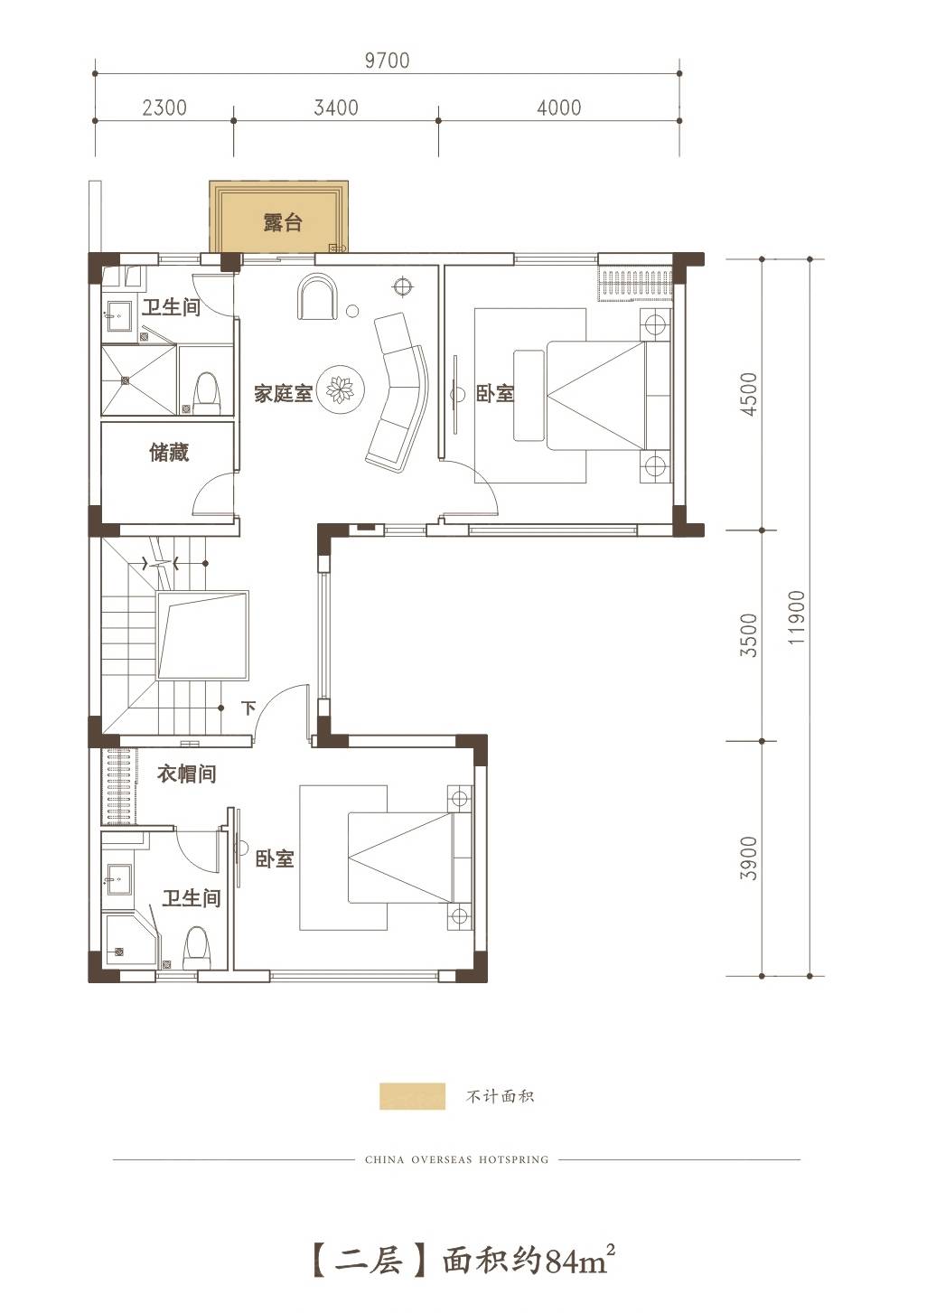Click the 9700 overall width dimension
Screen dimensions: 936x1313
coord(387,61)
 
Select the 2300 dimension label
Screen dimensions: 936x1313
coord(164,108)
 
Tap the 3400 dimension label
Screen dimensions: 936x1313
coord(336,108)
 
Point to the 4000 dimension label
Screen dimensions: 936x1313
coord(559,108)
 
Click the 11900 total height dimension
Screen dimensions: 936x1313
coord(797,618)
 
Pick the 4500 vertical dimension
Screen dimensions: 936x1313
coord(749,395)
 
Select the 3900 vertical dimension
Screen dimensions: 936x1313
coord(749,858)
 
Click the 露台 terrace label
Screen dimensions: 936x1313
coord(283,222)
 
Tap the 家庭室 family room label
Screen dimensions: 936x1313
coord(283,393)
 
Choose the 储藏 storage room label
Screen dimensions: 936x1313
coord(169,453)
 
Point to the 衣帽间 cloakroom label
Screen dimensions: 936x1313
coord(186,774)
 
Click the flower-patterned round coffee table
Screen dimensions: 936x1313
coord(340,389)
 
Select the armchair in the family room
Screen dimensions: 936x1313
coord(318,297)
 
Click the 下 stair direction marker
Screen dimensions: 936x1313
coord(248,708)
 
